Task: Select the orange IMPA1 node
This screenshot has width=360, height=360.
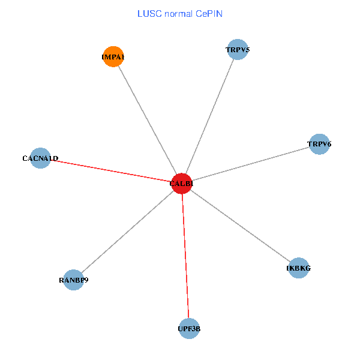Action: [x=113, y=56]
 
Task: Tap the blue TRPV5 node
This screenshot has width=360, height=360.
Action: [x=238, y=50]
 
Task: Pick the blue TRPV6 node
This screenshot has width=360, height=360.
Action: [x=319, y=144]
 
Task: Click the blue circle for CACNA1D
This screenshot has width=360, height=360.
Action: [x=40, y=158]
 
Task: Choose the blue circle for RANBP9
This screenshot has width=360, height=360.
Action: [x=73, y=280]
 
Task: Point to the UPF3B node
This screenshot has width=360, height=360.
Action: [x=189, y=329]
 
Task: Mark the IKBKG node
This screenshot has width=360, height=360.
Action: [x=298, y=268]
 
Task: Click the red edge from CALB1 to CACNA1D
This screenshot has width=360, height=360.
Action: [x=111, y=171]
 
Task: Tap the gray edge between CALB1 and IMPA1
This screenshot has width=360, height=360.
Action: [x=147, y=120]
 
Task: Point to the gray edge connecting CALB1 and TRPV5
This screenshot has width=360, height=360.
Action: [x=210, y=116]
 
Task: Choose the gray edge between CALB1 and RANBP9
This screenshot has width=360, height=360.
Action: [x=127, y=232]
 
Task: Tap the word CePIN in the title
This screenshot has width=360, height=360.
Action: [x=209, y=13]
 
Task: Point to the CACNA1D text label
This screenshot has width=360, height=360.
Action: [x=40, y=158]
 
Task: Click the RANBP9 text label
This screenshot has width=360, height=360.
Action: [x=73, y=280]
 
